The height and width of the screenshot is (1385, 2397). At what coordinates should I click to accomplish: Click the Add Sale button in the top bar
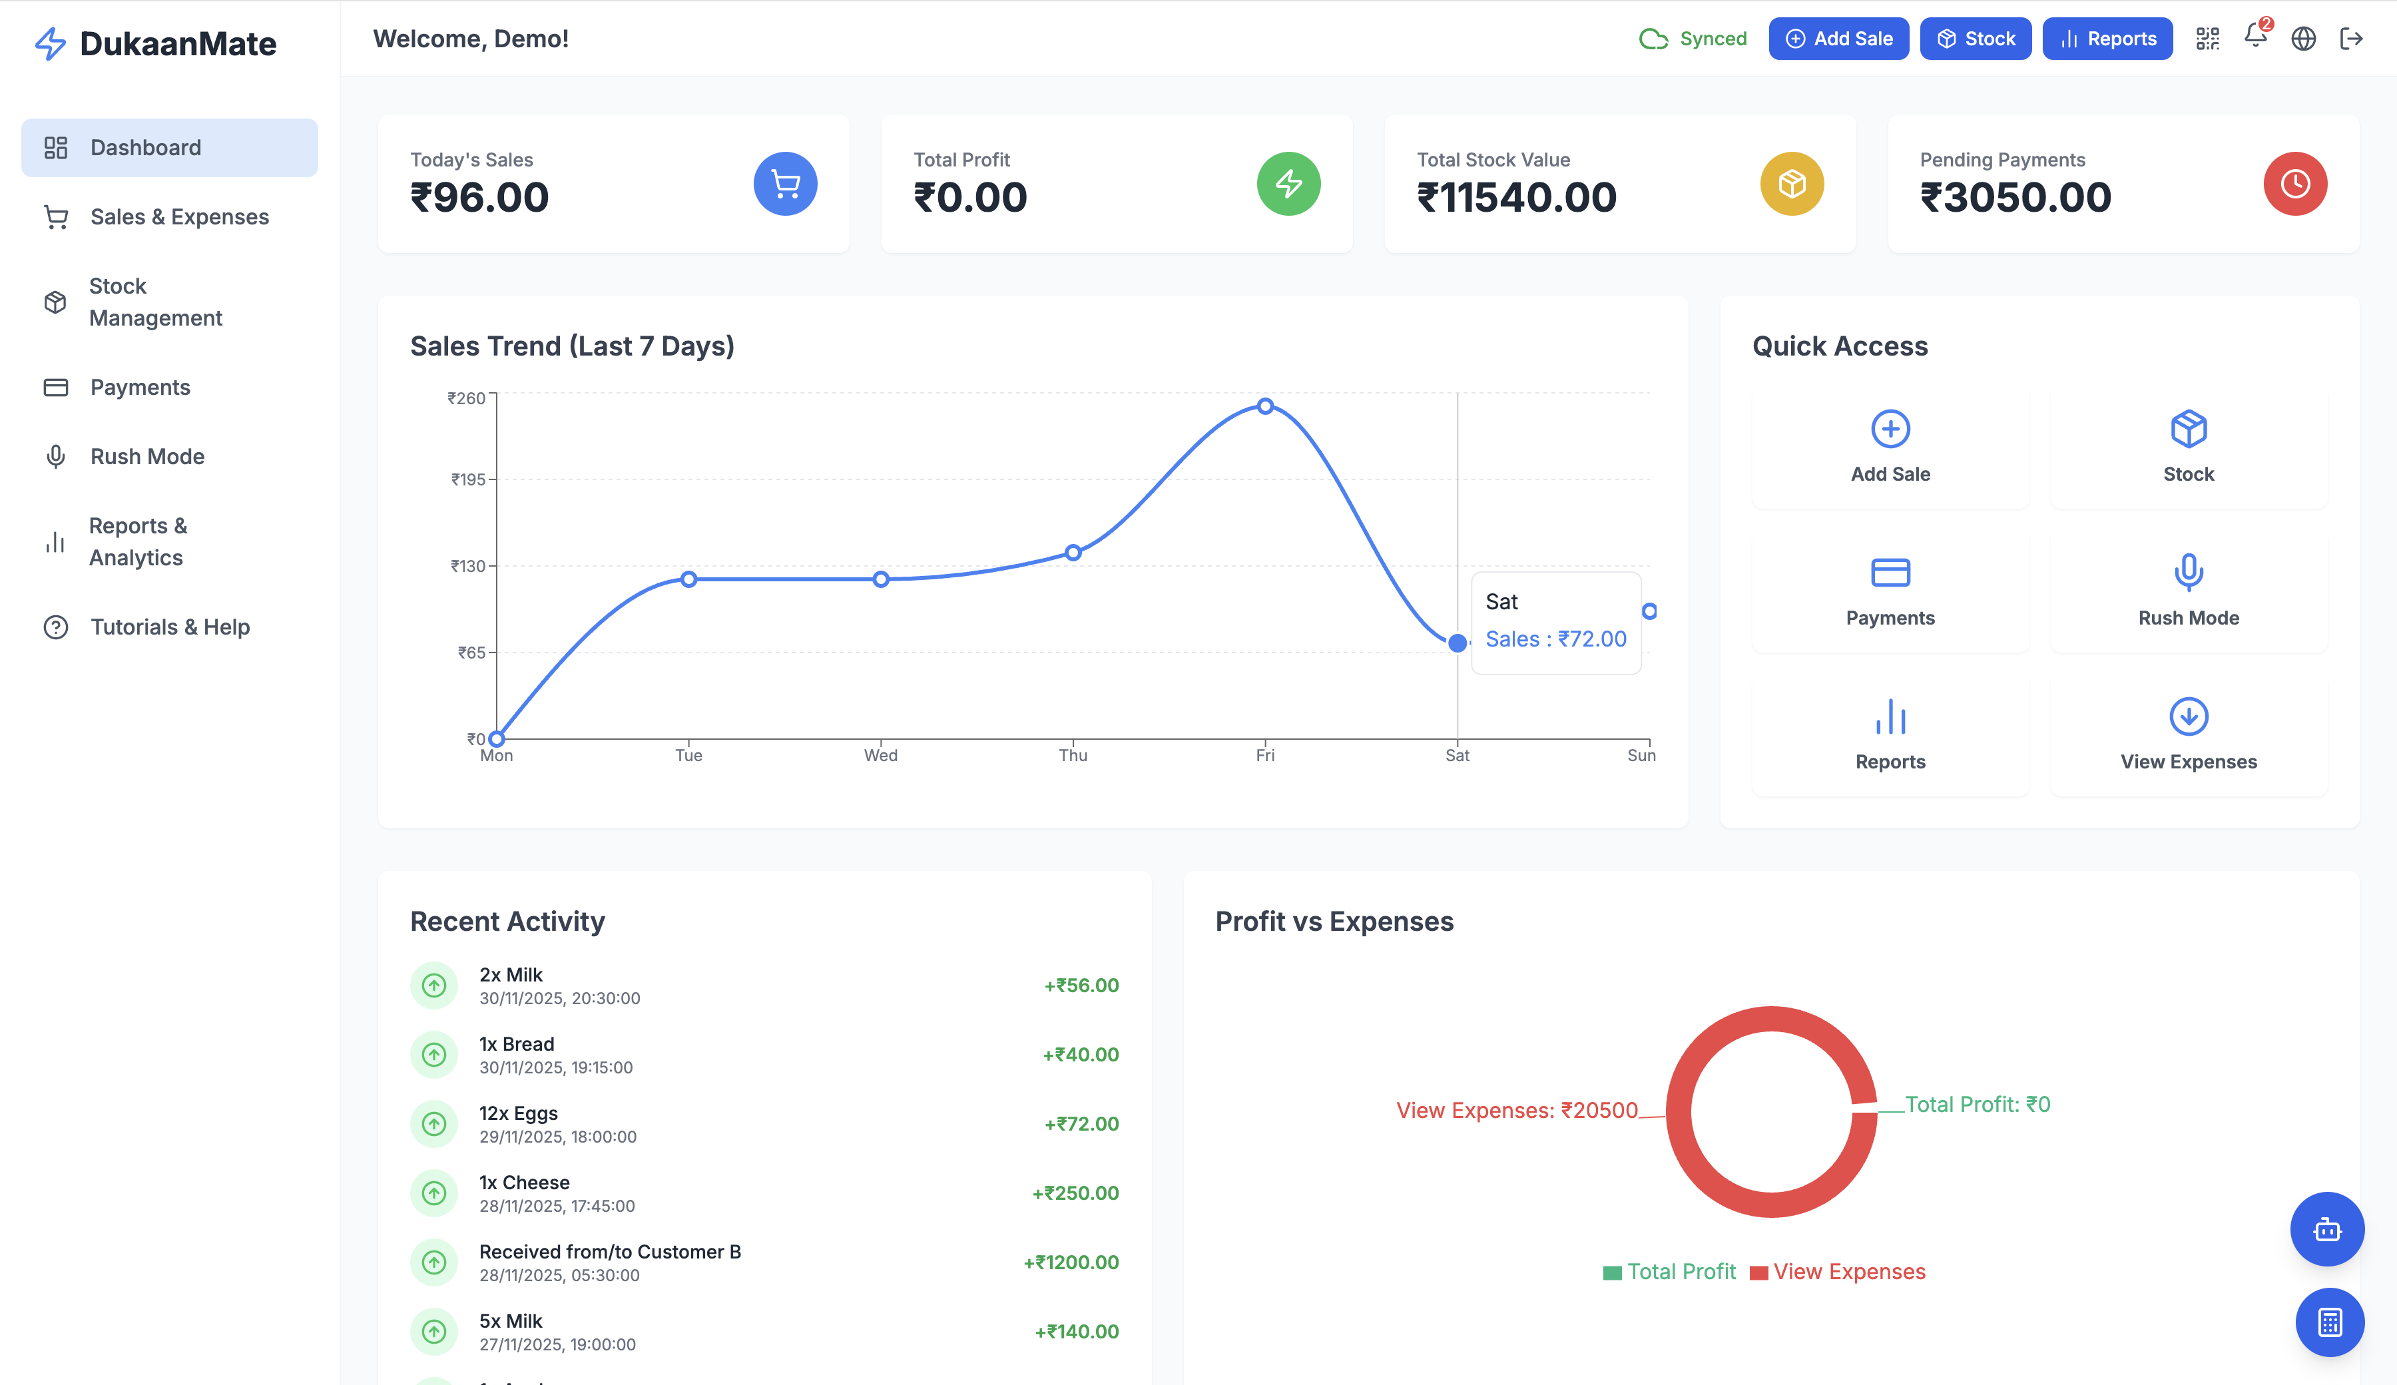click(1838, 39)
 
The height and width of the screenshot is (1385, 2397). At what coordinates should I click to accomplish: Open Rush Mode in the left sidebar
click(147, 457)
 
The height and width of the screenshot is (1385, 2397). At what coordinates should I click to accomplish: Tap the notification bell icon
click(2255, 37)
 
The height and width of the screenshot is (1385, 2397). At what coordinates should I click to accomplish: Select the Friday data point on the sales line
click(1265, 406)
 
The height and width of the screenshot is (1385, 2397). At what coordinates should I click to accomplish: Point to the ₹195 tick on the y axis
click(469, 479)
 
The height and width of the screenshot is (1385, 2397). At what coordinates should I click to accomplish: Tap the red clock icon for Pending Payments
click(2294, 184)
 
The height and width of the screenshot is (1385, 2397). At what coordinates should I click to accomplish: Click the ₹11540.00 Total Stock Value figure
click(1516, 198)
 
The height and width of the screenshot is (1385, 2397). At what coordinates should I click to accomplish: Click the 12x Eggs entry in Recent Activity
click(519, 1114)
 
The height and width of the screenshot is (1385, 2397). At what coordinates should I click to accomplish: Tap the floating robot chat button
click(2326, 1229)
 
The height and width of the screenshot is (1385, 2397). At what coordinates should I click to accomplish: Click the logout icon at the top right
click(2350, 39)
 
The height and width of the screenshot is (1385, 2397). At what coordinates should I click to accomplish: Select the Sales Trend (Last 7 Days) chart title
click(572, 346)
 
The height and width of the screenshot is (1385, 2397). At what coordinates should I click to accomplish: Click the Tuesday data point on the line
click(688, 579)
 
